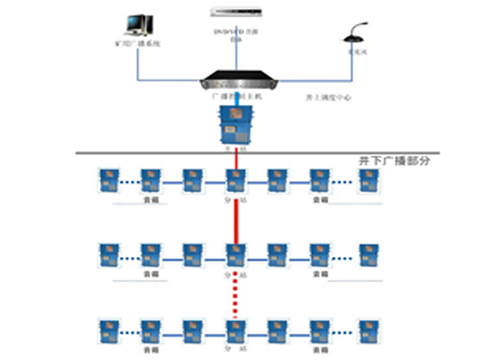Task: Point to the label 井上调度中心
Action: [328, 98]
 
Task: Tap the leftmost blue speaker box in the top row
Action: [106, 180]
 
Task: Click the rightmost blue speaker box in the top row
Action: [366, 180]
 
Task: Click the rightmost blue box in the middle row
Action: [366, 254]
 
